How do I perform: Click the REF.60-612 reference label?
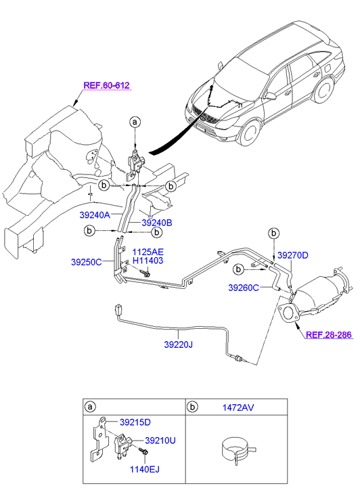pos(106,85)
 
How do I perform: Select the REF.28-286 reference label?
pos(329,335)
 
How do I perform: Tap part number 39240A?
pos(95,215)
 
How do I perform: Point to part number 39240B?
pos(157,223)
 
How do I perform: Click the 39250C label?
pos(87,262)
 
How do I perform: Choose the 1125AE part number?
pos(148,252)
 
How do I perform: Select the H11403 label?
pos(148,261)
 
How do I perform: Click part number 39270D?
pos(293,255)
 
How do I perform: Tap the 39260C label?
pos(244,288)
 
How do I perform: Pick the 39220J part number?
pos(178,344)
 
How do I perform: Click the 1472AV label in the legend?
pos(238,407)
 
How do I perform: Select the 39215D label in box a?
pos(135,422)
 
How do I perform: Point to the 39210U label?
pos(160,441)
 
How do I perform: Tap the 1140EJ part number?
pos(145,470)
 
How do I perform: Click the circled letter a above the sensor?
pos(135,122)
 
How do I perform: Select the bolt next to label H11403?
pos(145,272)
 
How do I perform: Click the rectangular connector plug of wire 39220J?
pos(119,309)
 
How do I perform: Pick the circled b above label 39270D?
pos(273,233)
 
